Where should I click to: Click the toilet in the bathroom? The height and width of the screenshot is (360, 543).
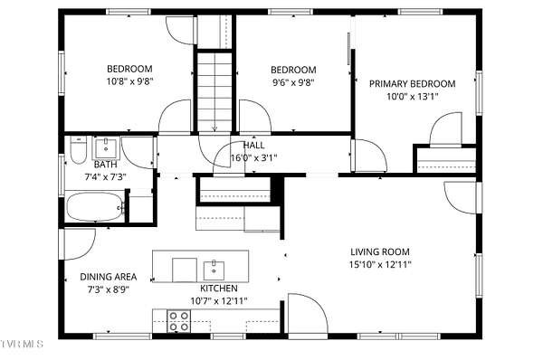[x=78, y=150]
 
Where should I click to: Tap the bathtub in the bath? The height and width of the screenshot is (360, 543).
[x=96, y=206]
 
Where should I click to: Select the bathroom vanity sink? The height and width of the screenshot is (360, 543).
[x=106, y=147]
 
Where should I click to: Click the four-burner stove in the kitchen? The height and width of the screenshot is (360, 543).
[x=178, y=321]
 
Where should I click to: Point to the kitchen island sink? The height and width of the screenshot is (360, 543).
[x=214, y=270]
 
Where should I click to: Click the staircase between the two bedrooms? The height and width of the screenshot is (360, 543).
[x=214, y=91]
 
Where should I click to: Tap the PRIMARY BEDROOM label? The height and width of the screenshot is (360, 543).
[x=412, y=84]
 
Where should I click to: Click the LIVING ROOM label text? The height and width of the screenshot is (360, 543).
[x=380, y=251]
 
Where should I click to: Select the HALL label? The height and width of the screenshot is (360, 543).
[x=253, y=146]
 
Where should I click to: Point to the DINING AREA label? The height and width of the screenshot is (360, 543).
[x=109, y=277]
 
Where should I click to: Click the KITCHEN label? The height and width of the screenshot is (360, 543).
[x=219, y=289]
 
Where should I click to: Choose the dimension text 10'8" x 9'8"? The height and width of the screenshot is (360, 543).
[x=129, y=81]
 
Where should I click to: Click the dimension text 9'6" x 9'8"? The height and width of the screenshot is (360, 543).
[x=293, y=82]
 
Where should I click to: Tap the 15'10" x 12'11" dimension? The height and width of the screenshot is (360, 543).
[x=380, y=265]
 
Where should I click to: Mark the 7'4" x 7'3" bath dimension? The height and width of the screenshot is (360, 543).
[x=105, y=177]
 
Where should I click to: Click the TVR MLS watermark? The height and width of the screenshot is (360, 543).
[x=22, y=344]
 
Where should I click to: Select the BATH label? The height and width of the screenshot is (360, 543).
[x=106, y=165]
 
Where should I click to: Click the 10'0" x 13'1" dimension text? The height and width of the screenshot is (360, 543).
[x=413, y=97]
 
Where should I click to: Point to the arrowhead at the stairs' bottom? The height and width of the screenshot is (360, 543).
[x=214, y=129]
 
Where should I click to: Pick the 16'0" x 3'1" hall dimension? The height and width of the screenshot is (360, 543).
[x=253, y=158]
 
